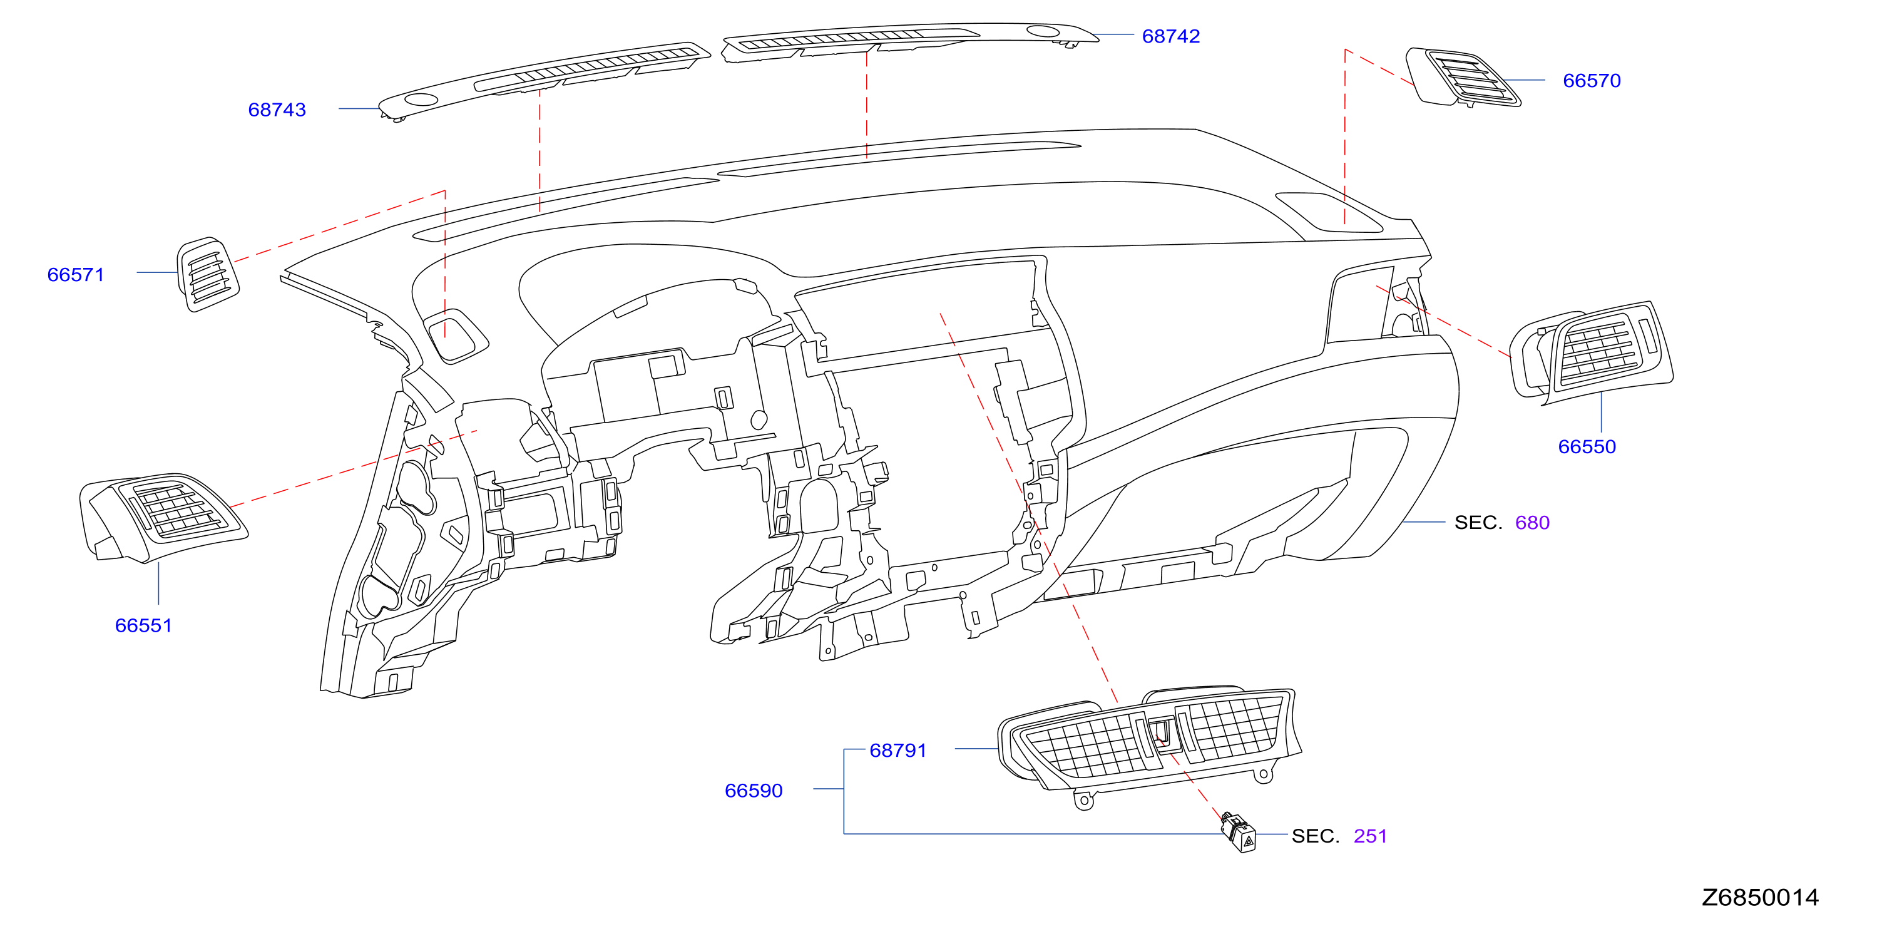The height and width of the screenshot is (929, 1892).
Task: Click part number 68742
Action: pos(1171,36)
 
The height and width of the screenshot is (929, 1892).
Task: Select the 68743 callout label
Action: pos(277,110)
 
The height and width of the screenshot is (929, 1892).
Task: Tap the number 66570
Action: pos(1592,81)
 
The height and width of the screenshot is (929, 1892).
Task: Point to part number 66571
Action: pos(76,275)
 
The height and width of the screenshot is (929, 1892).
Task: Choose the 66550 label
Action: pos(1587,446)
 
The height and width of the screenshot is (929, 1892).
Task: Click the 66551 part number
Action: pos(144,626)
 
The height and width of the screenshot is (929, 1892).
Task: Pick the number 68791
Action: pos(898,751)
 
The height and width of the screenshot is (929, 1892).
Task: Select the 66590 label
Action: pos(754,791)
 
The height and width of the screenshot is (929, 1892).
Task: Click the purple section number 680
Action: pos(1532,523)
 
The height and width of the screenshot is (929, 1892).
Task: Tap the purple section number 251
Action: pos(1370,836)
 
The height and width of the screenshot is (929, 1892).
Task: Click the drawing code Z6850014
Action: pos(1760,898)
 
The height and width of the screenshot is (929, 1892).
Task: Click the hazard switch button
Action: pos(1239,833)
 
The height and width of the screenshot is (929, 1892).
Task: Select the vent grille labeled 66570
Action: pos(1463,78)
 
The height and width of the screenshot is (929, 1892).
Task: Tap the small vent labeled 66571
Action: pos(208,274)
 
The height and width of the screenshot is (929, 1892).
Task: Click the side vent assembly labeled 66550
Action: pos(1591,352)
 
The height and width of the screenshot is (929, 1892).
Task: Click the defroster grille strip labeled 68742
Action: pos(911,41)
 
